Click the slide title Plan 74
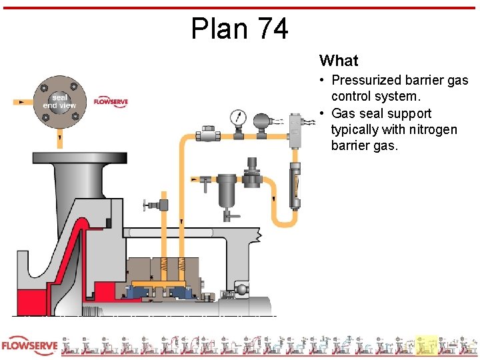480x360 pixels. click(x=239, y=29)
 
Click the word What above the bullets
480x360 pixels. click(x=339, y=61)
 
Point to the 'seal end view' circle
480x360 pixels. click(x=59, y=101)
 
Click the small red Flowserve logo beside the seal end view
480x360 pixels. click(x=110, y=101)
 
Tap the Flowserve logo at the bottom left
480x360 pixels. click(x=29, y=346)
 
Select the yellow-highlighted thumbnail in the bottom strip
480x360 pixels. click(x=425, y=345)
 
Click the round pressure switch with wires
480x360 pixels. click(x=261, y=121)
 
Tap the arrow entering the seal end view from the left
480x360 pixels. click(x=21, y=102)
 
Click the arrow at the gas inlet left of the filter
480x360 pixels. click(x=194, y=179)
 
